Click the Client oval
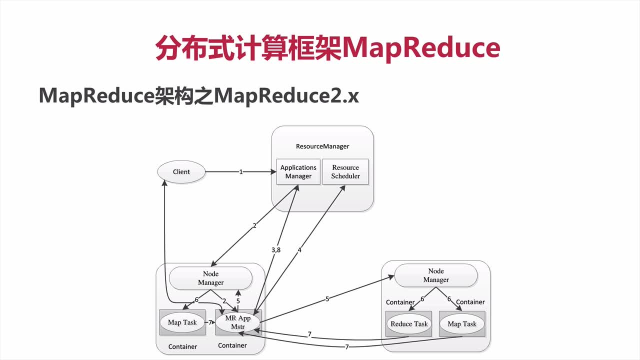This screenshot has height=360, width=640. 181,172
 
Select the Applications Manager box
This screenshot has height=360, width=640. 298,172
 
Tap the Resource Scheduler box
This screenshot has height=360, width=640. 345,172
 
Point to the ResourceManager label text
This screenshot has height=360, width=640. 322,146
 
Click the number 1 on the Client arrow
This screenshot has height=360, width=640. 241,172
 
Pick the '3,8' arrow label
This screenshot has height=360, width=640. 275,249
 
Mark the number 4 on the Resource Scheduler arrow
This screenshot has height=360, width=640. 299,249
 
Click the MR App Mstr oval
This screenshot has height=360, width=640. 237,322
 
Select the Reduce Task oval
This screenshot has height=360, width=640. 409,324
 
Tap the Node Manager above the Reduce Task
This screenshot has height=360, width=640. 435,275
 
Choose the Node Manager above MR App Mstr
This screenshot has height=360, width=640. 210,278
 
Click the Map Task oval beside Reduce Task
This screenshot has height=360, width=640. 462,324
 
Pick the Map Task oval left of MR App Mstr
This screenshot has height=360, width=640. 182,322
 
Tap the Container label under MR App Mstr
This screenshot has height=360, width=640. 232,345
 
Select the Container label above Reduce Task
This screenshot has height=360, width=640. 400,302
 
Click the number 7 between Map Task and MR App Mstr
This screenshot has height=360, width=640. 210,322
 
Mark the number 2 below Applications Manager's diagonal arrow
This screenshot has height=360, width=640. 254,226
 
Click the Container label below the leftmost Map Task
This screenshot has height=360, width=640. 182,346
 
